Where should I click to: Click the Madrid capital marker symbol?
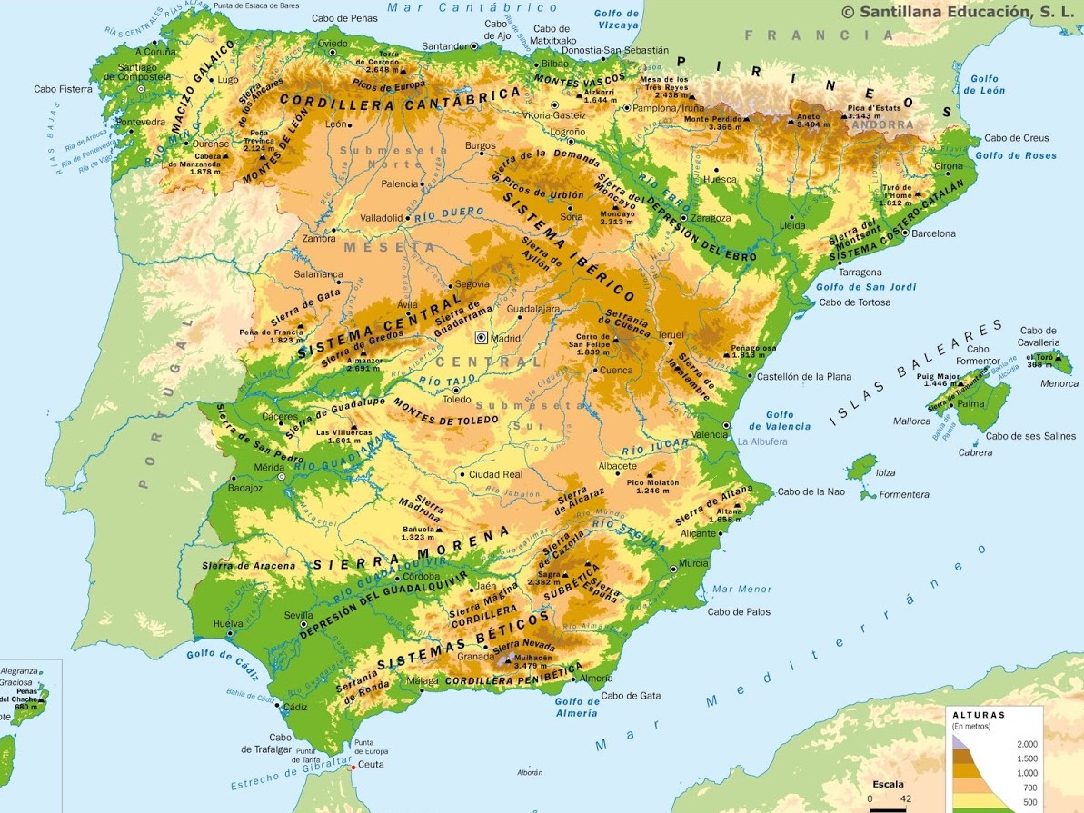coord(482,338)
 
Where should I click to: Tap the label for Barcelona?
coord(933,233)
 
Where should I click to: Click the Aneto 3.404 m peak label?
coord(808,120)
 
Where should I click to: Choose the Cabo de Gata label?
coord(631,696)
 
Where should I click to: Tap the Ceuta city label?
coord(371,765)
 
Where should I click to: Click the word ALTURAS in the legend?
coord(979,715)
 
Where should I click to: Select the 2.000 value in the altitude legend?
coord(1026,744)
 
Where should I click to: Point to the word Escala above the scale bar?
coord(888,783)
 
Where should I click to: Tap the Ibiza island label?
coord(884,472)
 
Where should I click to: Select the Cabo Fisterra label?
coord(63,89)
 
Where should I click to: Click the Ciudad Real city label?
coord(496,474)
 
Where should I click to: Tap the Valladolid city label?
coord(381,218)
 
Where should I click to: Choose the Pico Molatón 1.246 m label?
coord(652,486)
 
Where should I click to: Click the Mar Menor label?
coord(741,589)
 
